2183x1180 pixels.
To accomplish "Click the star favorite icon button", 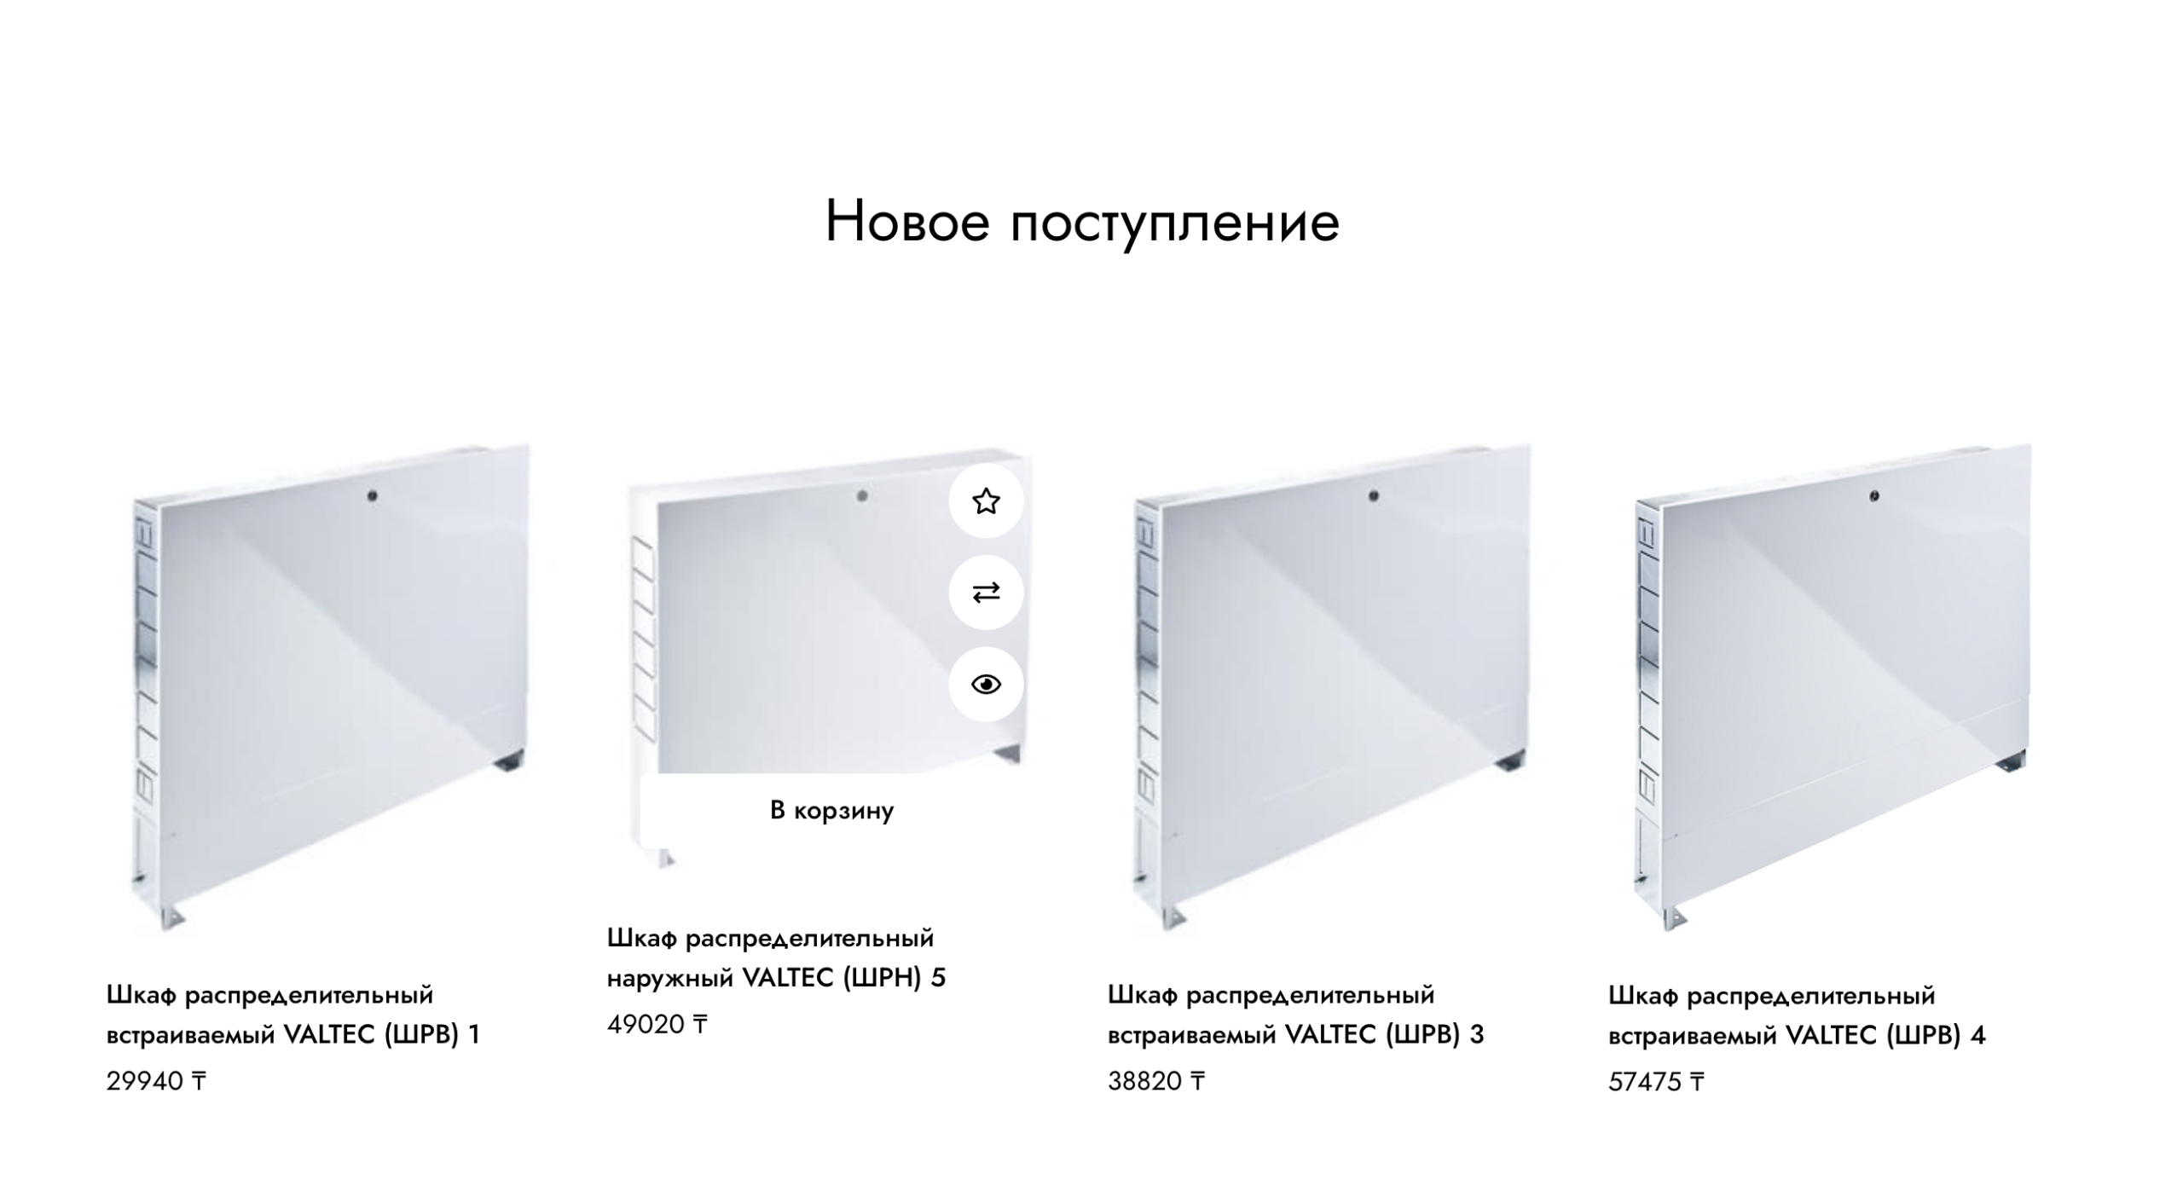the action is point(986,500).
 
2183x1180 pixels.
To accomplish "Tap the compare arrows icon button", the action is point(986,593).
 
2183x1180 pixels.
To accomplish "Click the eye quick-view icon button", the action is point(986,684).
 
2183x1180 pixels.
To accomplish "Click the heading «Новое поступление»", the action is point(1082,222).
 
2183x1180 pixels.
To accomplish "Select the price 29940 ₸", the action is point(156,1081).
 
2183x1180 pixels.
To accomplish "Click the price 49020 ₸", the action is point(657,1024).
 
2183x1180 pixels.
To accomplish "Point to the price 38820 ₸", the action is point(1156,1081).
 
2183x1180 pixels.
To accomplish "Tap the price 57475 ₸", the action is point(1657,1082).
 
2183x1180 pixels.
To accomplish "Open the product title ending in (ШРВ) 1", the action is point(293,1015).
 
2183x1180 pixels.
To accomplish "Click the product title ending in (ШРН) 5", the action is point(777,957).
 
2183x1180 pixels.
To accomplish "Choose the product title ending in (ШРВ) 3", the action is point(1296,1015).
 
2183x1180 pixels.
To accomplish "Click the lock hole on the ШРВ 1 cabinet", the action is point(372,495).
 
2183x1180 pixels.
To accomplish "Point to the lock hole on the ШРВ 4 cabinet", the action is point(1873,495).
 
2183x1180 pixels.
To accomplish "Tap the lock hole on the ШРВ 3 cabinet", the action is point(1373,495).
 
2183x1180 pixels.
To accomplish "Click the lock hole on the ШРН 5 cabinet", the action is point(862,495).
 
